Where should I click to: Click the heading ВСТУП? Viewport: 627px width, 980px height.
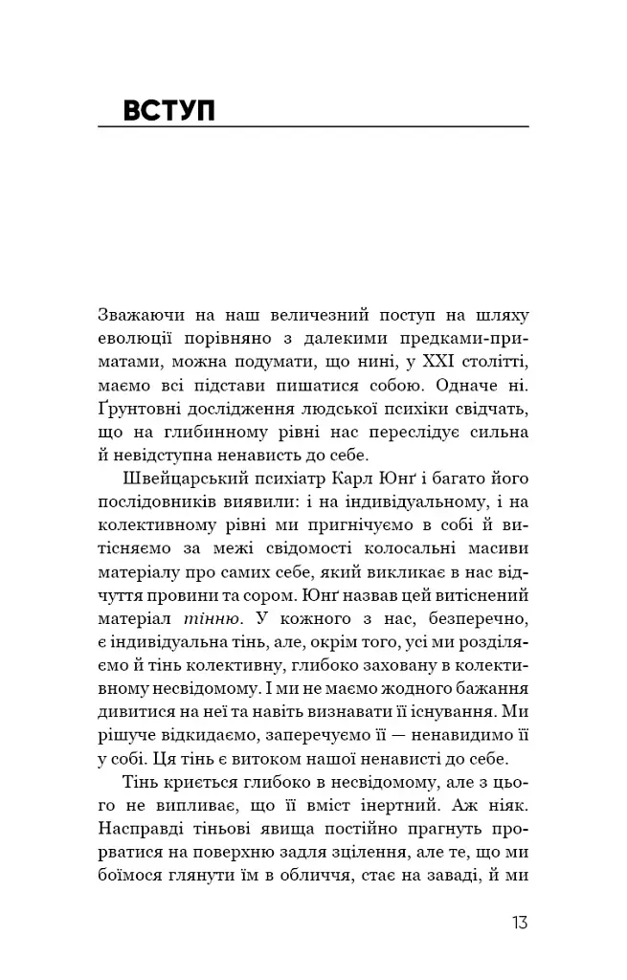pos(169,110)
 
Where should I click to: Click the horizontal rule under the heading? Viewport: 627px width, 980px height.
pos(313,127)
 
